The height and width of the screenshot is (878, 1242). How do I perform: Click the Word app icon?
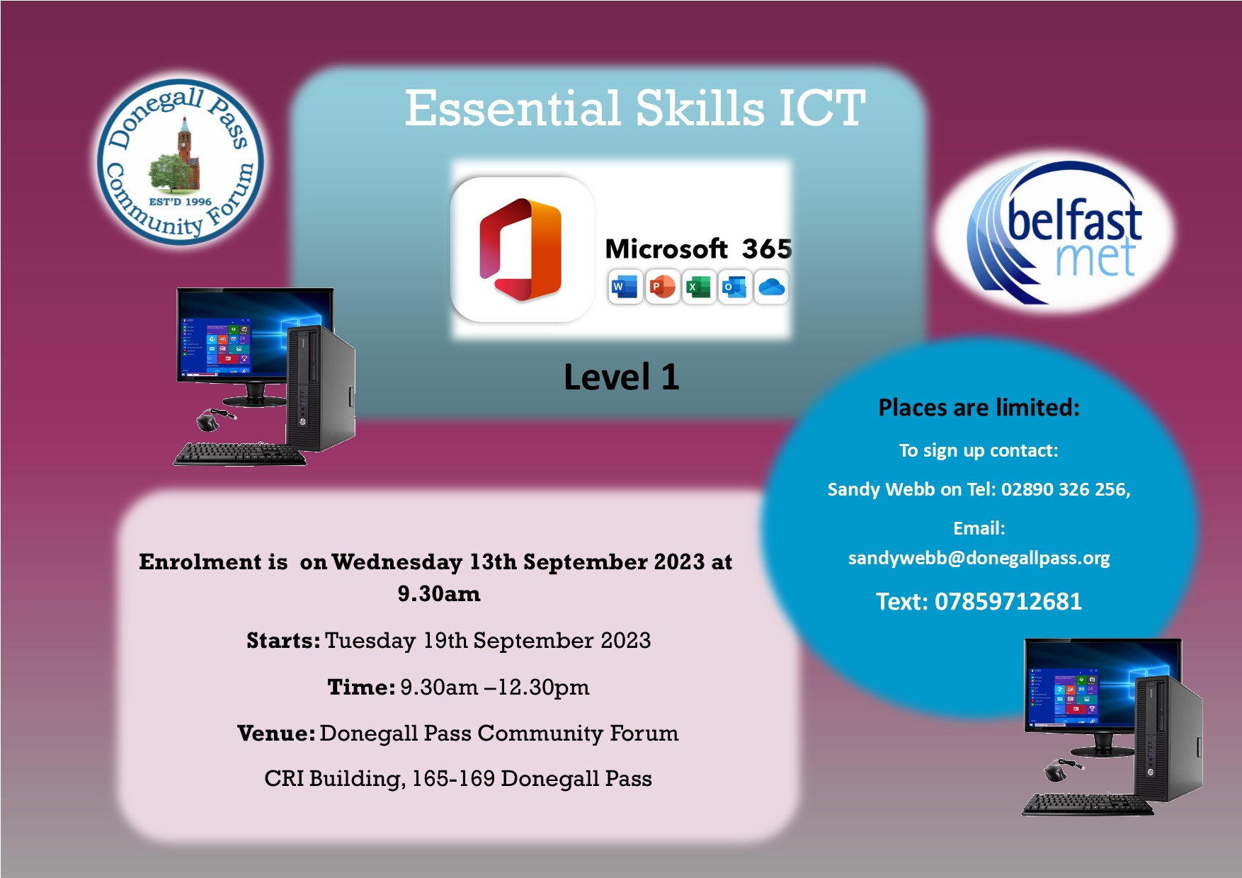click(624, 287)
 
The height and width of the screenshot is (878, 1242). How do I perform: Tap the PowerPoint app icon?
click(662, 287)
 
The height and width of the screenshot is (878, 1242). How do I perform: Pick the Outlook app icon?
click(735, 287)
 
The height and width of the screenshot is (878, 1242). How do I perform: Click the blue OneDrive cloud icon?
click(771, 287)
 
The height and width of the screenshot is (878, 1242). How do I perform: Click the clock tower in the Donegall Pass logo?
click(186, 142)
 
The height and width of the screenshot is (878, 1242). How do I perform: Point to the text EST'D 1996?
click(180, 202)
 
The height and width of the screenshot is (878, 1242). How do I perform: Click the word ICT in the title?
click(821, 109)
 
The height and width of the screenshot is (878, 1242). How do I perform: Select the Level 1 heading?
click(621, 377)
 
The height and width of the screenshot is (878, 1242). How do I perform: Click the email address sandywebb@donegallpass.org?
click(979, 559)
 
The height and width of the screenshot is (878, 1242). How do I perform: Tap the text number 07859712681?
click(1008, 602)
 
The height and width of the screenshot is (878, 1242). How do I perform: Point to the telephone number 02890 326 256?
click(1065, 489)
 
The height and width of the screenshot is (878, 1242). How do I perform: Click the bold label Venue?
click(276, 734)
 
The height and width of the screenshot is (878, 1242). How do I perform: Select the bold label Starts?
click(283, 641)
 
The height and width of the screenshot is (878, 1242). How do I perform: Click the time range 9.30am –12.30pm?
click(494, 688)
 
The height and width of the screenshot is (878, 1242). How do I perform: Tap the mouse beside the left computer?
click(207, 421)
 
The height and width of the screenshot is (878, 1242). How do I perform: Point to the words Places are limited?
click(979, 408)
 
